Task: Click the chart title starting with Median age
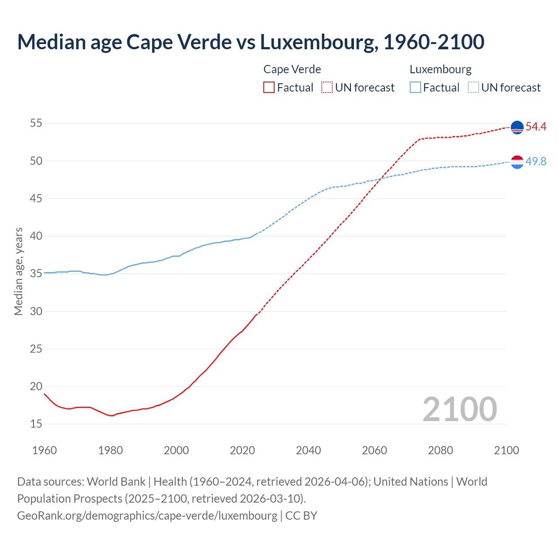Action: click(251, 42)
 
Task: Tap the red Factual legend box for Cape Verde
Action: click(269, 88)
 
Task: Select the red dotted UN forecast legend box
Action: click(327, 88)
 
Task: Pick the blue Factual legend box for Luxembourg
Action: click(415, 88)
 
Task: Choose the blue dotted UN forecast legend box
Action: click(473, 88)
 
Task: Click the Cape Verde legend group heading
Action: click(292, 69)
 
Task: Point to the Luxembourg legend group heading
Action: click(440, 69)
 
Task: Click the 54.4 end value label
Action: click(536, 127)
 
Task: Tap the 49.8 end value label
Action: click(536, 162)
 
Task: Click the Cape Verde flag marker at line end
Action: click(517, 127)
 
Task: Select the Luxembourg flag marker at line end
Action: click(517, 162)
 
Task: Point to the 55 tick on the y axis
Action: click(36, 123)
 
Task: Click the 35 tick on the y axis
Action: click(36, 274)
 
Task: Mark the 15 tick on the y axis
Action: click(36, 424)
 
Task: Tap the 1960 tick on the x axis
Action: click(44, 450)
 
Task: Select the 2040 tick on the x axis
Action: click(308, 450)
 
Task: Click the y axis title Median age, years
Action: click(18, 271)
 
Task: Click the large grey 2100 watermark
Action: click(459, 409)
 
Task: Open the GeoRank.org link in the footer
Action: click(147, 516)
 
